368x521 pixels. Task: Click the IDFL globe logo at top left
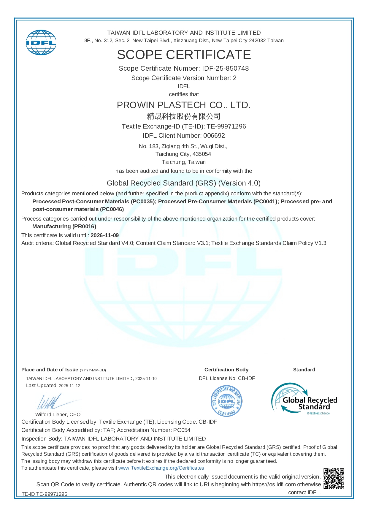(41, 42)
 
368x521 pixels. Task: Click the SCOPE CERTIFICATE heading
(184, 55)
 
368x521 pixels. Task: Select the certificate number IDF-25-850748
(225, 69)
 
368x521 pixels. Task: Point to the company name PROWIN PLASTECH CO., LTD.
(184, 105)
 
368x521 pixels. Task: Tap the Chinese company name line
(184, 116)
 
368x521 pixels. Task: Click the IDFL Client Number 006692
(214, 136)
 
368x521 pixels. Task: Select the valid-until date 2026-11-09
(104, 235)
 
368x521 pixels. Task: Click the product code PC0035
(143, 202)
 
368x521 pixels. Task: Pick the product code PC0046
(112, 209)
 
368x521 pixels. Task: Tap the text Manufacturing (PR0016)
(64, 227)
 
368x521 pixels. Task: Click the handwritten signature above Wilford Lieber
(53, 402)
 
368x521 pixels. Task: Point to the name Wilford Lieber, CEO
(58, 414)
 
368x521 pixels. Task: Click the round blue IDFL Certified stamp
(226, 401)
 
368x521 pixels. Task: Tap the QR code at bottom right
(334, 479)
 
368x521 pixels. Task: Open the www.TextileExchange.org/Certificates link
(161, 468)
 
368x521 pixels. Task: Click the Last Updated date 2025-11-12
(70, 386)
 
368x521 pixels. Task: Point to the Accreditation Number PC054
(182, 430)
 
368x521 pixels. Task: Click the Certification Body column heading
(226, 370)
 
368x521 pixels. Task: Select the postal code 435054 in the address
(202, 154)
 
